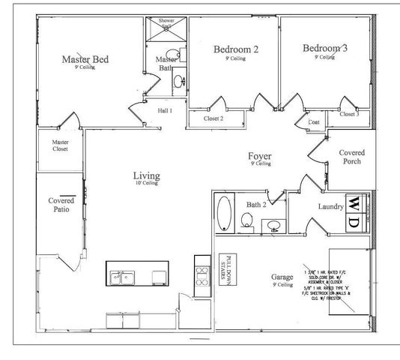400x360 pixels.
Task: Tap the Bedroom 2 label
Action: point(236,49)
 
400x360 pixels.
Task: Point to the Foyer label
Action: point(260,157)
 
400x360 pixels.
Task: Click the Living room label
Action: point(146,177)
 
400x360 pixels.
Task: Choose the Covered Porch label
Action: point(351,157)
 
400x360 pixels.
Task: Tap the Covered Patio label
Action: point(61,205)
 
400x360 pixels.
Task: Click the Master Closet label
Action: point(60,145)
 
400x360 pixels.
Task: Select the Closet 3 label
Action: point(349,114)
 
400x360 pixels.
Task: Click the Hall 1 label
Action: point(165,111)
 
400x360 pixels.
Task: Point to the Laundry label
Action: point(330,206)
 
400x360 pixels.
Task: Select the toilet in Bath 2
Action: point(246,220)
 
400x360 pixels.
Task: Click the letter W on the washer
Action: point(353,203)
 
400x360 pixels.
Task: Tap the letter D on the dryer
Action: point(353,221)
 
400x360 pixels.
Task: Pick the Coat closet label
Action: point(315,122)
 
